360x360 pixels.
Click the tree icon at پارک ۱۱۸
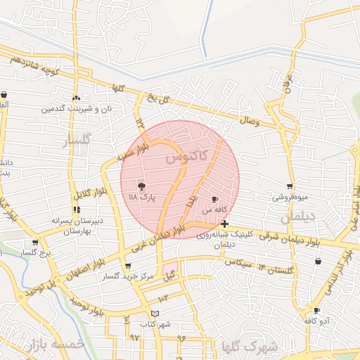click(142, 186)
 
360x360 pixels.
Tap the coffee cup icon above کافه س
click(214, 199)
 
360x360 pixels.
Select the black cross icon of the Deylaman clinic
click(224, 224)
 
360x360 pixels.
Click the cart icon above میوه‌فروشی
click(290, 186)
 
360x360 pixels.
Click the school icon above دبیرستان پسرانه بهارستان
click(76, 209)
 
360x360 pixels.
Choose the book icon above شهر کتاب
click(155, 313)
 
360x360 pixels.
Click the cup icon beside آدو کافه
click(317, 310)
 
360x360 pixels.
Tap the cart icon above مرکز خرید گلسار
click(127, 266)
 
